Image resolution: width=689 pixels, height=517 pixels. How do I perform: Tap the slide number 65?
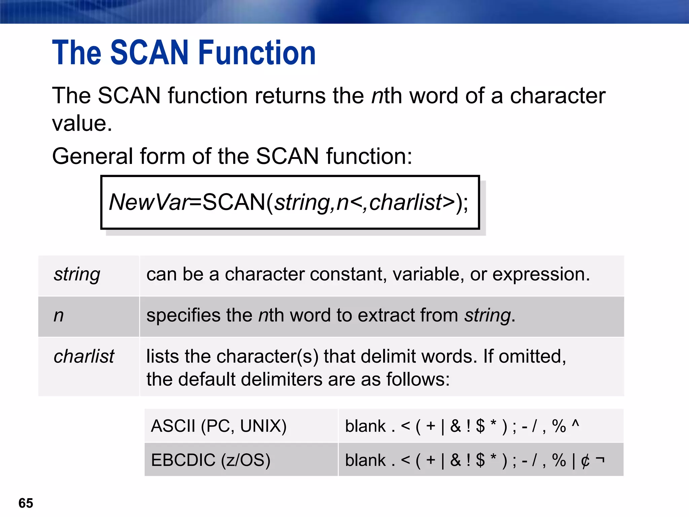[x=26, y=503]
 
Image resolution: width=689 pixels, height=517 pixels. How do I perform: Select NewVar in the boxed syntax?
[x=150, y=202]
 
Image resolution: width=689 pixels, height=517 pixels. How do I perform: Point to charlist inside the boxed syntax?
[x=406, y=202]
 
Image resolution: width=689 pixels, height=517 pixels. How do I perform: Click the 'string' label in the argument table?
[x=77, y=274]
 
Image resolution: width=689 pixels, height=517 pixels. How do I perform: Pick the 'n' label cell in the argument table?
[x=59, y=316]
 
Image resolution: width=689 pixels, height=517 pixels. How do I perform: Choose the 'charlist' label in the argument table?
[x=84, y=356]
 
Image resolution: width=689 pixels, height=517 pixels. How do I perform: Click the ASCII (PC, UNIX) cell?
[x=219, y=426]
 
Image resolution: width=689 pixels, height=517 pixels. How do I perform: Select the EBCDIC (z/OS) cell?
[x=211, y=460]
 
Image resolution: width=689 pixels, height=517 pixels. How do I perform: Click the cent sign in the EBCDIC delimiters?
[x=585, y=460]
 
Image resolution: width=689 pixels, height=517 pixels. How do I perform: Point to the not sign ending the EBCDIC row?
[x=600, y=459]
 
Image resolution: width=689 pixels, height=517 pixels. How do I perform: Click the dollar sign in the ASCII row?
[x=480, y=426]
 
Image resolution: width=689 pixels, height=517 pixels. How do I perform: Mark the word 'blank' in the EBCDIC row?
[x=365, y=460]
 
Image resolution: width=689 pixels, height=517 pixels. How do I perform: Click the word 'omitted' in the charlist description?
[x=532, y=356]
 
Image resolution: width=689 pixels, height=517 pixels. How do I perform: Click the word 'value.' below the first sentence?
[x=82, y=124]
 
